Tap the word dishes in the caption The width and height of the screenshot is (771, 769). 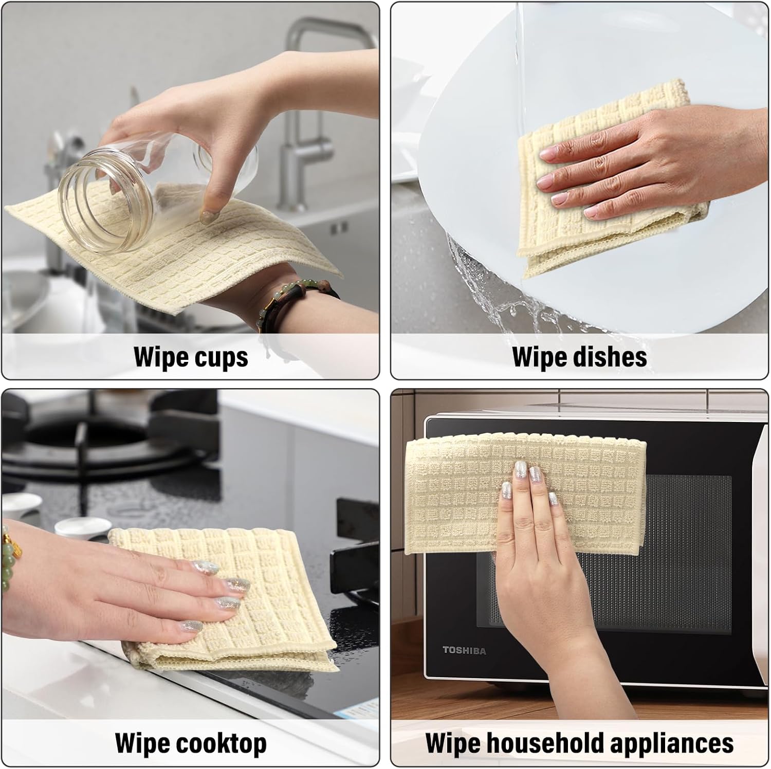[609, 357]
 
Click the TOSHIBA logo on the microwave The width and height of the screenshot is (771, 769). [464, 651]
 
